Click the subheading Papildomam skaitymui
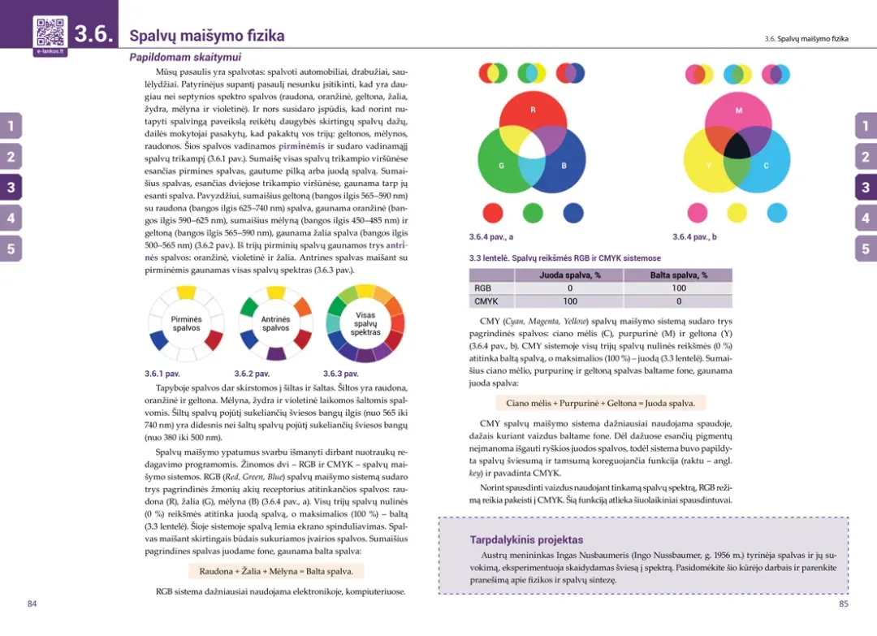[185, 58]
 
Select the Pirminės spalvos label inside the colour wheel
[186, 324]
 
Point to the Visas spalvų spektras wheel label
[365, 323]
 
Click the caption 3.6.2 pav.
[252, 374]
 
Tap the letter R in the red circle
[533, 110]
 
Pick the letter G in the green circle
[502, 166]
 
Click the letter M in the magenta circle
[738, 110]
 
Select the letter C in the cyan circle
[766, 166]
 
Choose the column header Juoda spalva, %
[570, 275]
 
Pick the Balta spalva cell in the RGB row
[678, 288]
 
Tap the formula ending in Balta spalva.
[276, 571]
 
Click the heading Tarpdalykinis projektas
[526, 539]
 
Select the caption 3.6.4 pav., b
[694, 237]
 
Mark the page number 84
[32, 604]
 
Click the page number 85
[844, 604]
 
